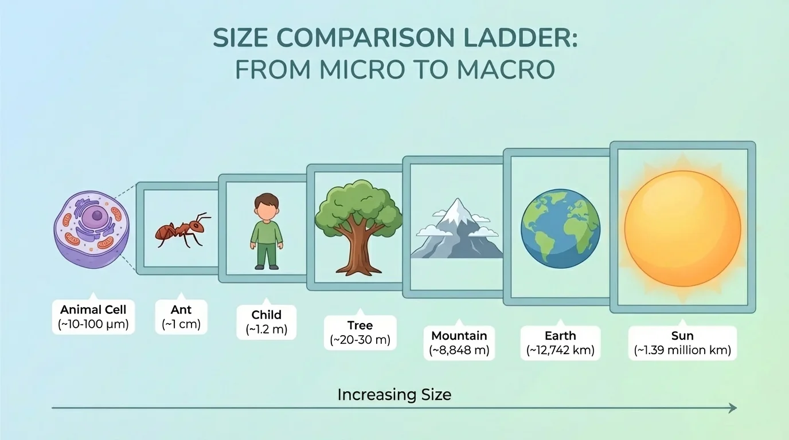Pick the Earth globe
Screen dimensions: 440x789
(x=560, y=230)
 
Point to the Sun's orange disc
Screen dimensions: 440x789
(x=682, y=228)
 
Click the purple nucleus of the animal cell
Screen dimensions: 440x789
(x=97, y=217)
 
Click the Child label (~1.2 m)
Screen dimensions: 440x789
(x=267, y=321)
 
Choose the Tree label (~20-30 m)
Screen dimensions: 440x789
(x=360, y=332)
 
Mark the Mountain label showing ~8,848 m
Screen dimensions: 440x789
(x=459, y=343)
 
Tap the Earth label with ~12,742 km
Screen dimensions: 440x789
(x=560, y=343)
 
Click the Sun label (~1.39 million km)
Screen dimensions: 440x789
(x=682, y=343)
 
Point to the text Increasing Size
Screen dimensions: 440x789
(x=394, y=395)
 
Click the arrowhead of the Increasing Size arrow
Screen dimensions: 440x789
(x=732, y=408)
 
